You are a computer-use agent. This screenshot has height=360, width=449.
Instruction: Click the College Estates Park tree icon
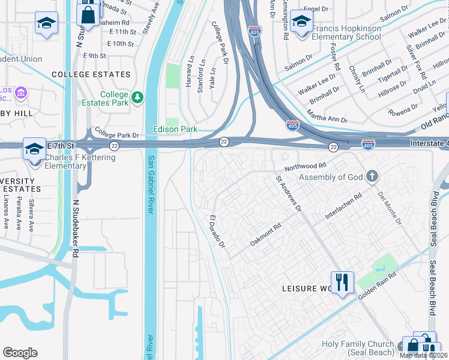[138, 97]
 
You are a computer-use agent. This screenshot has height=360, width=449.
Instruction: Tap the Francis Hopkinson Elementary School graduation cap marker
[301, 23]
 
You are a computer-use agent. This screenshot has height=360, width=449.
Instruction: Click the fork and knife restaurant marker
[342, 281]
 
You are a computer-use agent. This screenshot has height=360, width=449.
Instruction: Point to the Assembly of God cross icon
[372, 176]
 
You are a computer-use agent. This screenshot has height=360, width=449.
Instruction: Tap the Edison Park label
[175, 129]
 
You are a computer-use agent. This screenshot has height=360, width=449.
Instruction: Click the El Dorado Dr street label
[217, 232]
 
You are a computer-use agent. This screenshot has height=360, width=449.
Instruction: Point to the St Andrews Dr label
[289, 194]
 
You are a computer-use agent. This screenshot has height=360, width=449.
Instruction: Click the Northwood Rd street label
[306, 166]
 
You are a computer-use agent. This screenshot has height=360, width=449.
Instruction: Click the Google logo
[20, 352]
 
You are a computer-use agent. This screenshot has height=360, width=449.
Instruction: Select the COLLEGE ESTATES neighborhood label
[91, 74]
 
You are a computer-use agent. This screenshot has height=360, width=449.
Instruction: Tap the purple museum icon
[21, 93]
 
